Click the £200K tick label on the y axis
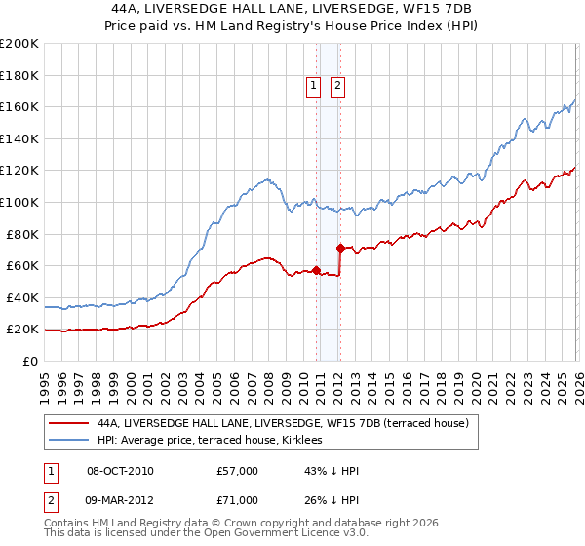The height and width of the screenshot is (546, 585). [x=19, y=43]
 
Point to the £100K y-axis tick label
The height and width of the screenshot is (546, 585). [x=19, y=202]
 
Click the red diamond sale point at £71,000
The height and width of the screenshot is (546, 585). [x=340, y=248]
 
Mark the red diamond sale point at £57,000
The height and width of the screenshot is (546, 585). [x=316, y=270]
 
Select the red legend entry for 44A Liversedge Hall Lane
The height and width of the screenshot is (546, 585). [x=283, y=423]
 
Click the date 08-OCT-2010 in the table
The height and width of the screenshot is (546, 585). [x=120, y=471]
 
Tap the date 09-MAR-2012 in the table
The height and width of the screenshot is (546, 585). [x=120, y=499]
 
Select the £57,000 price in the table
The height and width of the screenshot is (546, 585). [x=238, y=471]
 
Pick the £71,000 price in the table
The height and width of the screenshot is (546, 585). [x=238, y=499]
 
